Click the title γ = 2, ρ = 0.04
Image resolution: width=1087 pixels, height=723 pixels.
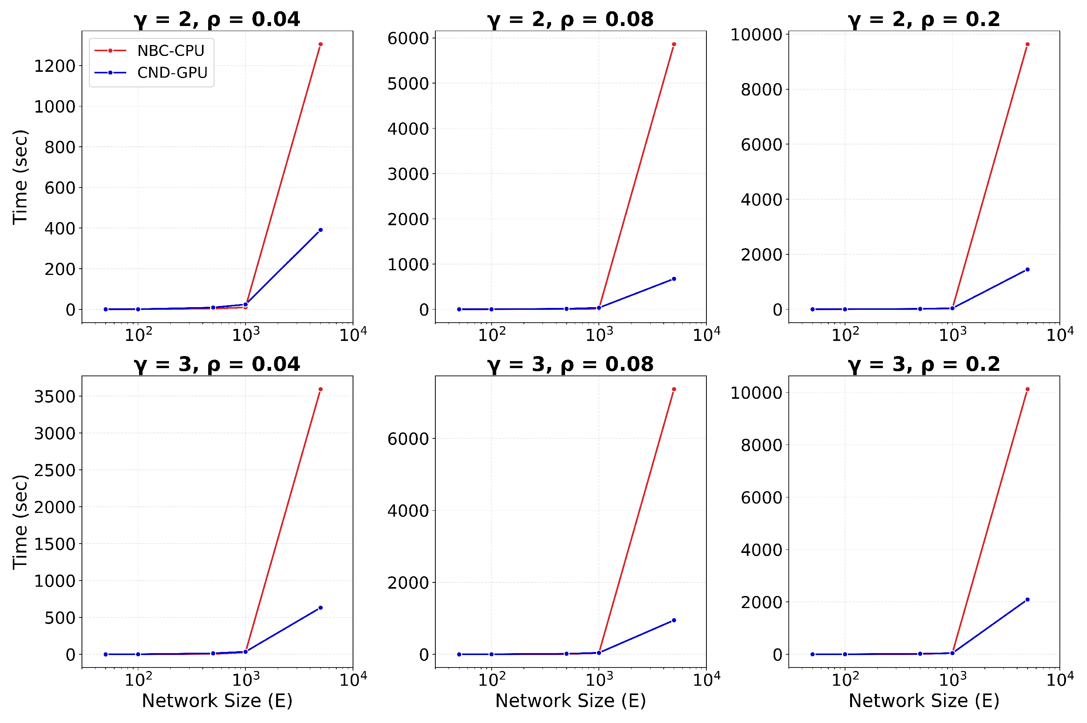[x=217, y=19]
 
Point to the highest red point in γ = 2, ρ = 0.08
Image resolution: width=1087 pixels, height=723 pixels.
[x=674, y=45]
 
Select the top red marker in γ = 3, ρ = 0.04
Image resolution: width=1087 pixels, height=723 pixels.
[x=320, y=389]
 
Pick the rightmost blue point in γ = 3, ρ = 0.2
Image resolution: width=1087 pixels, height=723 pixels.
[x=1027, y=600]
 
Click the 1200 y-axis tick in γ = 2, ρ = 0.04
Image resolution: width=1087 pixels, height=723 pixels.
[x=55, y=66]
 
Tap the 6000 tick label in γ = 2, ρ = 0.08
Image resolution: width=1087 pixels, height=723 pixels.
[x=408, y=38]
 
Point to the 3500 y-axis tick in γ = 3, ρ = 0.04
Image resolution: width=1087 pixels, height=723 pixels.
[x=55, y=396]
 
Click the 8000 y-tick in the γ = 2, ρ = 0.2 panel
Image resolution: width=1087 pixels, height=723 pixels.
[x=762, y=89]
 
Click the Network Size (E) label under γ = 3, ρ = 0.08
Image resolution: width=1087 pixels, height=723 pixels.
[x=570, y=701]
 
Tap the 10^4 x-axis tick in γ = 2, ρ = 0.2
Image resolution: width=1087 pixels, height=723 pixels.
[x=1059, y=334]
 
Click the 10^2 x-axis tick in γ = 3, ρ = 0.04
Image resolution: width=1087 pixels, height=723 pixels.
[x=138, y=679]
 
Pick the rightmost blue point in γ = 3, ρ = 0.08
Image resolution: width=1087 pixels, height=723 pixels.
[x=674, y=620]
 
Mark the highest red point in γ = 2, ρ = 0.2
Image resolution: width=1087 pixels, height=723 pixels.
[x=1027, y=45]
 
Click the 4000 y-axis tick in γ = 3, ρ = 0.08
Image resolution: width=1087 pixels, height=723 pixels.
[x=408, y=511]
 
